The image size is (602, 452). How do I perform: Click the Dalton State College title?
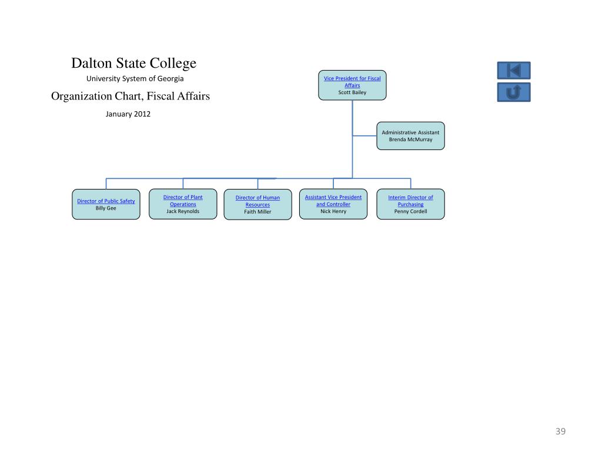click(x=134, y=63)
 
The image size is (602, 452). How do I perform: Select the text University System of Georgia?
click(x=135, y=78)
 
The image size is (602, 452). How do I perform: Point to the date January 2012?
click(x=128, y=114)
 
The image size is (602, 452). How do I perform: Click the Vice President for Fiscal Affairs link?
click(x=352, y=82)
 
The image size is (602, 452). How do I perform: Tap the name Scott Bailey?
click(x=352, y=92)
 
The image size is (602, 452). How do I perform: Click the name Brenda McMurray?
click(x=410, y=139)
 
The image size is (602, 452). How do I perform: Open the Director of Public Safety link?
click(x=106, y=201)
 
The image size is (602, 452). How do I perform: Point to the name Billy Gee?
click(x=106, y=208)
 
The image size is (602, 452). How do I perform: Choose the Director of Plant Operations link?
click(x=183, y=201)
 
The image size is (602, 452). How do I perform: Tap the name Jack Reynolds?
click(x=183, y=211)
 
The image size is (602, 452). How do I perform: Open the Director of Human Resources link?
click(x=257, y=201)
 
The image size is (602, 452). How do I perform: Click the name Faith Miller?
click(x=257, y=212)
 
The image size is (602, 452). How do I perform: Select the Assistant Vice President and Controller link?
click(x=333, y=201)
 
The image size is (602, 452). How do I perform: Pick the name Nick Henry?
click(x=333, y=211)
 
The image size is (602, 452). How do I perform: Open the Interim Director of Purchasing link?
click(x=410, y=201)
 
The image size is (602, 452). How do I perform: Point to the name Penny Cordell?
click(x=410, y=211)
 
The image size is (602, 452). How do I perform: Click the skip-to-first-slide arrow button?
click(x=514, y=71)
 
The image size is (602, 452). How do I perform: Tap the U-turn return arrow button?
click(x=514, y=92)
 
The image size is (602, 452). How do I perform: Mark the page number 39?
click(x=560, y=432)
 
